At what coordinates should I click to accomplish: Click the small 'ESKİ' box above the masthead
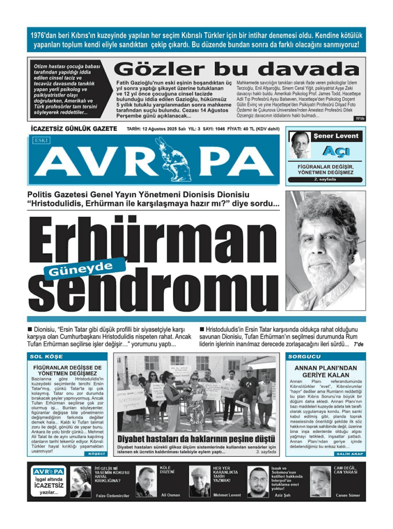pos(40,139)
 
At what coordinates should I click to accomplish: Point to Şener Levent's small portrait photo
pos(299,145)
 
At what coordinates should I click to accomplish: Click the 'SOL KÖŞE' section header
pos(46,357)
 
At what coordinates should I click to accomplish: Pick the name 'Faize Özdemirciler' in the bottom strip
pos(115,495)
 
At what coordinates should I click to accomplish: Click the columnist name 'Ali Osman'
pos(170,495)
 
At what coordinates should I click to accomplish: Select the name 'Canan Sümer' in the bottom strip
pos(348,495)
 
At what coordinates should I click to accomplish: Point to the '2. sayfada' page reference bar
pos(325,179)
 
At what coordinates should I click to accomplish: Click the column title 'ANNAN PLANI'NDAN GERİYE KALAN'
pos(325,371)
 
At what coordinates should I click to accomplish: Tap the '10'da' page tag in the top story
pos(359,119)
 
